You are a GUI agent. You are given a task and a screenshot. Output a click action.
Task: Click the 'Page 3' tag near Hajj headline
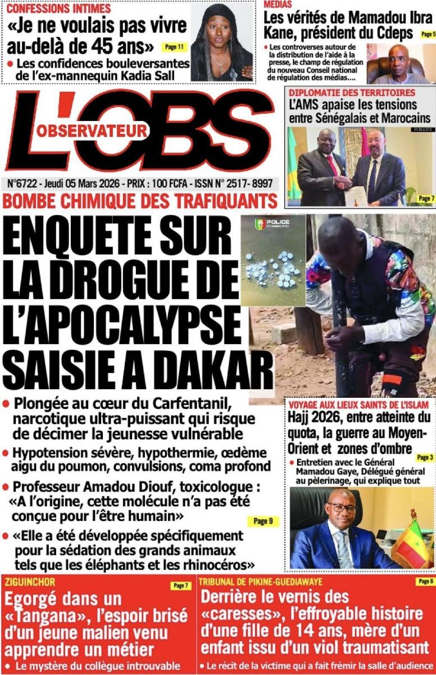pyautogui.click(x=424, y=457)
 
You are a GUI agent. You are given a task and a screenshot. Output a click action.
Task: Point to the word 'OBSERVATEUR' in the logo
pyautogui.click(x=93, y=130)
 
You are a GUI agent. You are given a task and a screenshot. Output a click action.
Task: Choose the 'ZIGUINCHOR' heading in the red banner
pyautogui.click(x=29, y=582)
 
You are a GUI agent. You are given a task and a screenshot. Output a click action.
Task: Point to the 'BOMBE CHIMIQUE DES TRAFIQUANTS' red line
pyautogui.click(x=141, y=201)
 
